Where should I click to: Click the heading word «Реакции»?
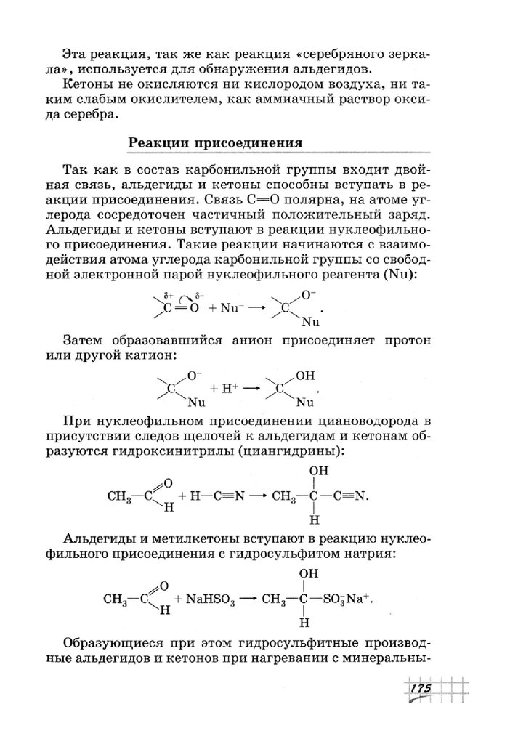(x=158, y=142)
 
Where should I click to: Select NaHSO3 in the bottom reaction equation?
(x=211, y=599)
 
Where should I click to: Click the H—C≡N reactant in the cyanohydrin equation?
(x=217, y=497)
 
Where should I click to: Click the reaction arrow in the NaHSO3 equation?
(x=250, y=599)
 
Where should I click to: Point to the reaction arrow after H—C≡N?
(x=259, y=497)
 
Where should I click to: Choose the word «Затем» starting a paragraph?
(x=84, y=341)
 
